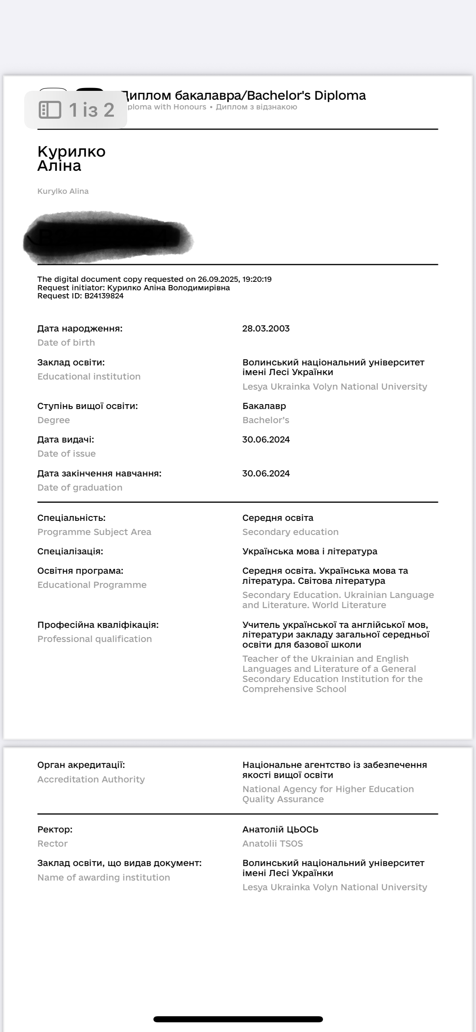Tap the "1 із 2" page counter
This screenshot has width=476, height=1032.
click(91, 110)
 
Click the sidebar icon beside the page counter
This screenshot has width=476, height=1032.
click(50, 110)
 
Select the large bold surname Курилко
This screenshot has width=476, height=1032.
click(71, 151)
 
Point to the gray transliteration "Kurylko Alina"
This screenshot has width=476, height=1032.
click(63, 191)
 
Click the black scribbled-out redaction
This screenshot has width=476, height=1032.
click(107, 237)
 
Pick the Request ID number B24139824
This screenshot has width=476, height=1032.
click(104, 296)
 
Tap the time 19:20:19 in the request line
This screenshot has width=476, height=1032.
click(257, 279)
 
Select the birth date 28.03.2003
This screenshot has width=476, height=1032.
click(266, 329)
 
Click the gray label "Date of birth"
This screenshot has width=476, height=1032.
click(66, 343)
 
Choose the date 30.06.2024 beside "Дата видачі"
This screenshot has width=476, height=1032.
click(266, 440)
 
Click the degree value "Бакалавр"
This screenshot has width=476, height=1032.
click(264, 406)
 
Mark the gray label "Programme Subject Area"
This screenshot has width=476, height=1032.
click(94, 532)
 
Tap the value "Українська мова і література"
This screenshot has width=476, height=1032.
click(310, 552)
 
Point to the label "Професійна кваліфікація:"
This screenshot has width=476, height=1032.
click(98, 625)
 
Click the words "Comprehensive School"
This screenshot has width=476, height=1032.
click(294, 689)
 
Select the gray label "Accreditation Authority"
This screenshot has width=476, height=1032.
click(91, 780)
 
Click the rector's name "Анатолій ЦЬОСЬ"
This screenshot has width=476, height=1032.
click(280, 830)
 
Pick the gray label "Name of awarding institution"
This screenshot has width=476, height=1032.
click(104, 878)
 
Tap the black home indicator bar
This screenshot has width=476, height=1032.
click(238, 1019)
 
